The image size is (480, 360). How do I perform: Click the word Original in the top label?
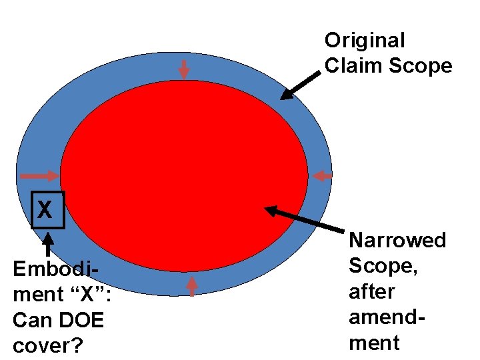pos(364,41)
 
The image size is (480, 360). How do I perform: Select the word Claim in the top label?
pos(345,66)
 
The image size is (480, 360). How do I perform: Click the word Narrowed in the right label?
pos(397,240)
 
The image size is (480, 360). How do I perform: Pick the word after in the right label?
pos(371,291)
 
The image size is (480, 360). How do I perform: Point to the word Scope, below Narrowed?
pos(381,266)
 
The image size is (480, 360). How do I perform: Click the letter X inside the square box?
pos(45,210)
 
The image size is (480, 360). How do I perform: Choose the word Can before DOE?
pos(31,321)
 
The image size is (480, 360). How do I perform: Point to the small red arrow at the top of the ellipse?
pos(184,69)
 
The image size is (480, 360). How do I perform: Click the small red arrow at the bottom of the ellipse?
pos(192,285)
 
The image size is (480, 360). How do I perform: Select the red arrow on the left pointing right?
pos(39,176)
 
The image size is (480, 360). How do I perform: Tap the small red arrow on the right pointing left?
pos(323,176)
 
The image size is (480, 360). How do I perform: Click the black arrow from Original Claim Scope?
pos(299,85)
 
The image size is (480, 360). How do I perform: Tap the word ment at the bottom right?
pos(374,343)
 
